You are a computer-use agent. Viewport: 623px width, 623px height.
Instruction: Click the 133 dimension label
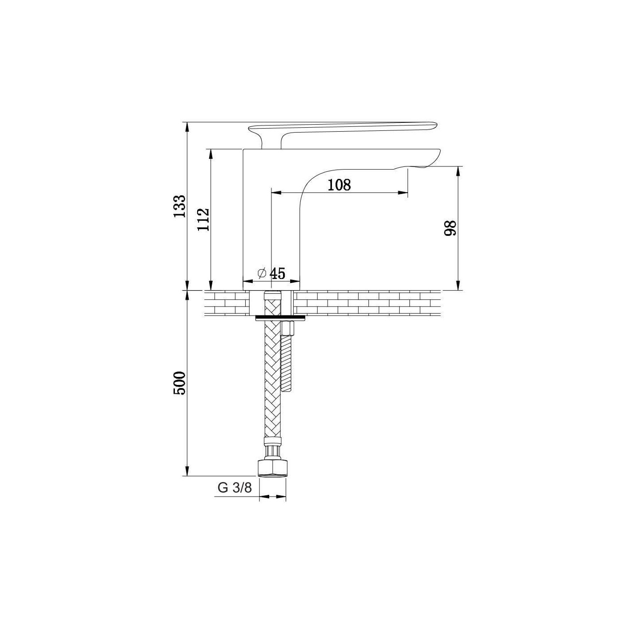tap(179, 206)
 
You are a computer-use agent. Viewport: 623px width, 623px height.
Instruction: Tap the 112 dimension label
tap(203, 219)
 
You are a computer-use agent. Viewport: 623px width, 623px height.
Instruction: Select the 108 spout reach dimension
tap(339, 185)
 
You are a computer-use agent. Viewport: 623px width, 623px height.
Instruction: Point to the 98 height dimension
tap(450, 228)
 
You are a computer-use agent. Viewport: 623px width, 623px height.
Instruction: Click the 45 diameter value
tap(278, 274)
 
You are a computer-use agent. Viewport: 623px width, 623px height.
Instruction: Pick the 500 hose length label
tap(179, 383)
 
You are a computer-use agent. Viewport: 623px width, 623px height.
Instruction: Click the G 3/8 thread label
tap(235, 497)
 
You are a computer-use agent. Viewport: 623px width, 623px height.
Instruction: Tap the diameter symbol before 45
tap(262, 274)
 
